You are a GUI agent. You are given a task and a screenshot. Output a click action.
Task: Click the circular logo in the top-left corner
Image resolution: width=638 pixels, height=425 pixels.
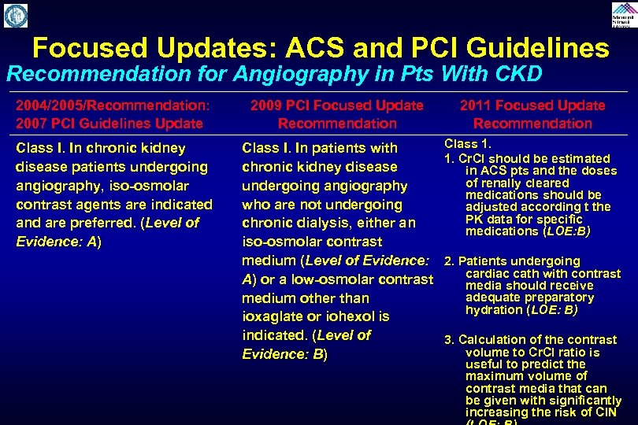click(x=16, y=15)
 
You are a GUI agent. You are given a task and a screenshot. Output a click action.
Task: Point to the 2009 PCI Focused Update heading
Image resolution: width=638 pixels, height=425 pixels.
click(x=336, y=105)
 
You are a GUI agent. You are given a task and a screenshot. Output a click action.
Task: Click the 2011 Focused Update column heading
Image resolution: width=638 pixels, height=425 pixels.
click(x=532, y=105)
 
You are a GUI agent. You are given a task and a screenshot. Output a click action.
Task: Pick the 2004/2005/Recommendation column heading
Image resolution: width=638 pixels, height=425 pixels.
click(x=113, y=105)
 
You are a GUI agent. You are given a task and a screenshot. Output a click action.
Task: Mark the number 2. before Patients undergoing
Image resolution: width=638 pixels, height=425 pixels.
click(x=450, y=261)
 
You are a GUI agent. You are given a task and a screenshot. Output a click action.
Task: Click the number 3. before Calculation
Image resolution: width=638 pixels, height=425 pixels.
click(x=450, y=340)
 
